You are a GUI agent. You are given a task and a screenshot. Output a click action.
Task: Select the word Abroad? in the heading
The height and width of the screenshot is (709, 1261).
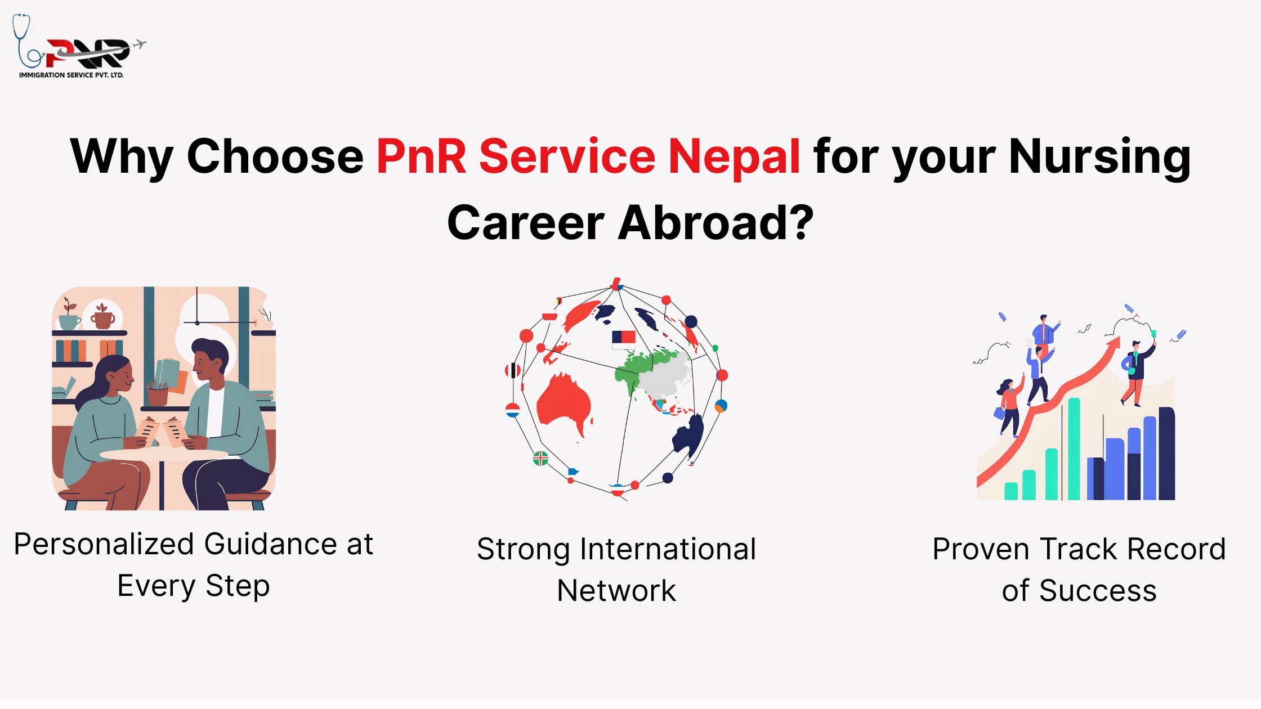(x=716, y=223)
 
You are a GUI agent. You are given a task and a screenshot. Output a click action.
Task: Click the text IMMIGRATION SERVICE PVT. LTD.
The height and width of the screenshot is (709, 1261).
(x=71, y=75)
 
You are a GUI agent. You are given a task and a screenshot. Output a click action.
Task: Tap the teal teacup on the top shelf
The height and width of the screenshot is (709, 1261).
(x=69, y=321)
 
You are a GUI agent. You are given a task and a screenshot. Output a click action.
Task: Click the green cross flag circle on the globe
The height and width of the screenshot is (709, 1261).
(x=540, y=459)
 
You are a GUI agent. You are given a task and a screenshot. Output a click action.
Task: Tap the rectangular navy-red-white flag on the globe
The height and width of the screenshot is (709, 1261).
(x=624, y=339)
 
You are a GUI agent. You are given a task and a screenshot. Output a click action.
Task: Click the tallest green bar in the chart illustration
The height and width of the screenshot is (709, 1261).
(x=1074, y=448)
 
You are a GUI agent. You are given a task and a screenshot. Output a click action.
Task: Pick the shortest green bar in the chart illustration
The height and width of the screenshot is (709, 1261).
(x=1011, y=491)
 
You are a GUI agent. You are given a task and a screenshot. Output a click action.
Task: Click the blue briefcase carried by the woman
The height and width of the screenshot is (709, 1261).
(x=999, y=414)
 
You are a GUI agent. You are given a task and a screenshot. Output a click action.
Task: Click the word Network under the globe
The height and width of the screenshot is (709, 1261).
(x=616, y=591)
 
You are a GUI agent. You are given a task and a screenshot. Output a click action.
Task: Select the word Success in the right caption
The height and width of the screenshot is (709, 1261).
(x=1098, y=591)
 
